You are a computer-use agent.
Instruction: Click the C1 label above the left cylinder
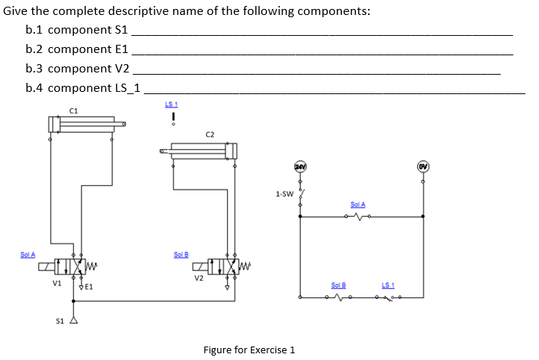point(73,110)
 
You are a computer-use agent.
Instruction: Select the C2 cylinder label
point(210,134)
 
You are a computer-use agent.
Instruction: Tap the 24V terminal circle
point(301,166)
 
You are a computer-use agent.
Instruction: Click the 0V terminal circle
point(423,166)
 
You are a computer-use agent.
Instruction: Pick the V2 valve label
point(199,279)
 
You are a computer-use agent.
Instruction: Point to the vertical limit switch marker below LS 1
point(172,117)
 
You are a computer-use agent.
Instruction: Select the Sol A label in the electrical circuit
point(358,205)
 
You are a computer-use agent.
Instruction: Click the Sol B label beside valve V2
point(181,254)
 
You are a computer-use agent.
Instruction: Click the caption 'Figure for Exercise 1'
point(249,350)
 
